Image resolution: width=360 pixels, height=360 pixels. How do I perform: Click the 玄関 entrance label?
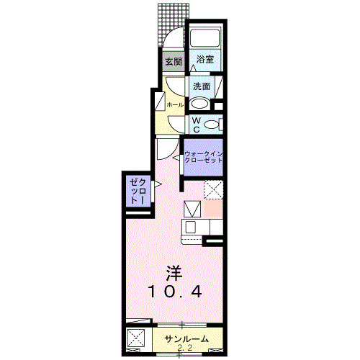coord(174,61)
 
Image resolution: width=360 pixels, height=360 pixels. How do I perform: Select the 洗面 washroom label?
coord(201,86)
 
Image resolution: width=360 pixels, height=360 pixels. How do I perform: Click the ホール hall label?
coord(174,104)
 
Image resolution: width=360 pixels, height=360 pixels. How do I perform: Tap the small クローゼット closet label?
coord(138,192)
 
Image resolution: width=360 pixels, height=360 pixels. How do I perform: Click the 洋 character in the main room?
coord(174,273)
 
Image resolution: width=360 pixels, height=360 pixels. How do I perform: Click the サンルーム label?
coord(186,339)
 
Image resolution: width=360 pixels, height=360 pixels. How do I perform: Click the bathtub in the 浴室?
coord(204,40)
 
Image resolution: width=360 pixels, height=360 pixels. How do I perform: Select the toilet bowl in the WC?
coord(211,125)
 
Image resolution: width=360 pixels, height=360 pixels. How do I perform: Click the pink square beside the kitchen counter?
coord(213,208)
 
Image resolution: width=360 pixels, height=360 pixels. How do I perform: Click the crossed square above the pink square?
coord(213,189)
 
